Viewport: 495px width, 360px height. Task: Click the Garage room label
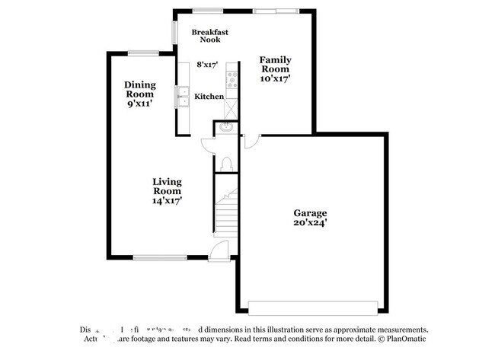[x=311, y=213]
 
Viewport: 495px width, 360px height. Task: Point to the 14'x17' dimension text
[x=166, y=201]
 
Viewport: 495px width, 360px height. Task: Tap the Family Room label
[x=275, y=64]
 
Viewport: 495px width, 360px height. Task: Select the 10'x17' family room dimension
[x=275, y=78]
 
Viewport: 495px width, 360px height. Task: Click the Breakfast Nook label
[x=210, y=35]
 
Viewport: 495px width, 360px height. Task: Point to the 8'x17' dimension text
[x=208, y=65]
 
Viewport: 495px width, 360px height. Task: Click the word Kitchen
[x=209, y=97]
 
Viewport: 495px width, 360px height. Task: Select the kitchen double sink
[x=184, y=97]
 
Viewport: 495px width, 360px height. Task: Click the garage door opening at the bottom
[x=312, y=307]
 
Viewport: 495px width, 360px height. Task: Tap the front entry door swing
[x=219, y=250]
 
